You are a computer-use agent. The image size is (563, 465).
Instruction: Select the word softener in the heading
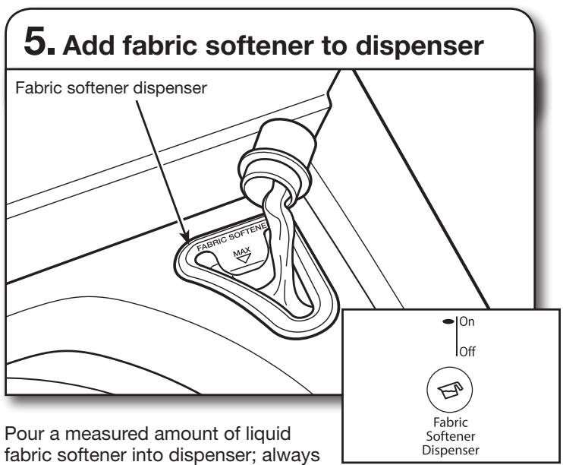pyautogui.click(x=259, y=46)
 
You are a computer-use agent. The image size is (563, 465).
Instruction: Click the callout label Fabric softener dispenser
pyautogui.click(x=111, y=88)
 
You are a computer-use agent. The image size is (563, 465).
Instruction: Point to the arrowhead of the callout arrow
pyautogui.click(x=186, y=236)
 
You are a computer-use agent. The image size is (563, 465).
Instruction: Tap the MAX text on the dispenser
pyautogui.click(x=242, y=251)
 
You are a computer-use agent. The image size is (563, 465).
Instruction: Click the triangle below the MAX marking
pyautogui.click(x=244, y=258)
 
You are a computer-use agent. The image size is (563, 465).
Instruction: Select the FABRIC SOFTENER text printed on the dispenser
pyautogui.click(x=232, y=236)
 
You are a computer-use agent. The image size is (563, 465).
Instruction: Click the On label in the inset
pyautogui.click(x=467, y=321)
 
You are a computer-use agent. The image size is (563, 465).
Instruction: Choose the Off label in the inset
pyautogui.click(x=467, y=351)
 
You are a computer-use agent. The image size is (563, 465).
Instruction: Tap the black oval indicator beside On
pyautogui.click(x=448, y=321)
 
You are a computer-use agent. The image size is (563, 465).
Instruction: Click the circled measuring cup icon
pyautogui.click(x=449, y=390)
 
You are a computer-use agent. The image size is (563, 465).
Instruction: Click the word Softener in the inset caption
pyautogui.click(x=451, y=436)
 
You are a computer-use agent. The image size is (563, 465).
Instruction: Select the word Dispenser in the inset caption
pyautogui.click(x=451, y=451)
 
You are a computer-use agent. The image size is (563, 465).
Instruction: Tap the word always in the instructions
pyautogui.click(x=291, y=455)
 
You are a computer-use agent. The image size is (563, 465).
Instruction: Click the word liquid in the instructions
pyautogui.click(x=269, y=435)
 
